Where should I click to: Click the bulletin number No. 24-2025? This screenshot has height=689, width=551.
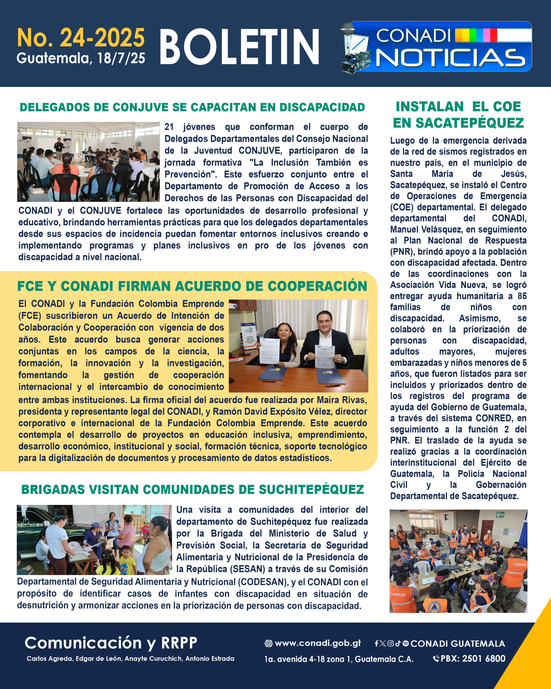(x=81, y=38)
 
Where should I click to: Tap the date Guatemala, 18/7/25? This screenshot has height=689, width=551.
(x=81, y=58)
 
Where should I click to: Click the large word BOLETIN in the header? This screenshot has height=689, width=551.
(x=239, y=47)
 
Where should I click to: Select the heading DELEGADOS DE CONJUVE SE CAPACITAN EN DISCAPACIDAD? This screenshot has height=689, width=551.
(x=192, y=107)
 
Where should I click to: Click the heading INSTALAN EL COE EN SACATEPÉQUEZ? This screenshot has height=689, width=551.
(x=458, y=115)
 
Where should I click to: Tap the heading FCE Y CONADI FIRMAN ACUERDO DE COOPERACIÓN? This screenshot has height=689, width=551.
(x=192, y=286)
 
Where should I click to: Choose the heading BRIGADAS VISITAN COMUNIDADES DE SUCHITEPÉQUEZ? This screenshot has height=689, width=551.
(x=193, y=489)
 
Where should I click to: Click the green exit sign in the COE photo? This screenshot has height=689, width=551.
(x=500, y=515)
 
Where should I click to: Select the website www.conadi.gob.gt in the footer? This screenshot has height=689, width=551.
(x=317, y=643)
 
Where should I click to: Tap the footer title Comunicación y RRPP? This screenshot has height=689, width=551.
(x=111, y=643)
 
